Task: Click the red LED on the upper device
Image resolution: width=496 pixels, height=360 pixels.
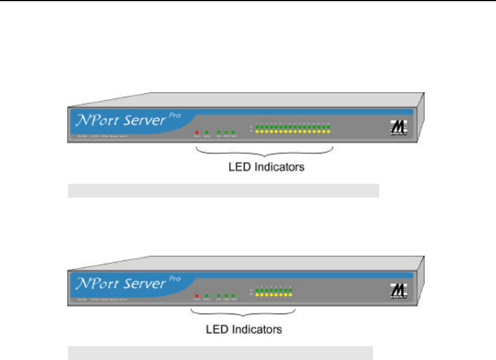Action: click(197, 132)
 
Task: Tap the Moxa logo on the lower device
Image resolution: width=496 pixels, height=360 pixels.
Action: click(397, 292)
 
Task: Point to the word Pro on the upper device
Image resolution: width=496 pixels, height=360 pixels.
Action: click(174, 116)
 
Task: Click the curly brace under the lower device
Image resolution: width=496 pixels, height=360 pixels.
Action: click(244, 315)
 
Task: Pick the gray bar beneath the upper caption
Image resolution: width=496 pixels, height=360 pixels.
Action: click(223, 191)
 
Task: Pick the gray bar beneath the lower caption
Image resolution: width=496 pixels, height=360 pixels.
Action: click(220, 353)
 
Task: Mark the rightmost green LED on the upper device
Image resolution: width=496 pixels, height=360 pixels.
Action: click(328, 126)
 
